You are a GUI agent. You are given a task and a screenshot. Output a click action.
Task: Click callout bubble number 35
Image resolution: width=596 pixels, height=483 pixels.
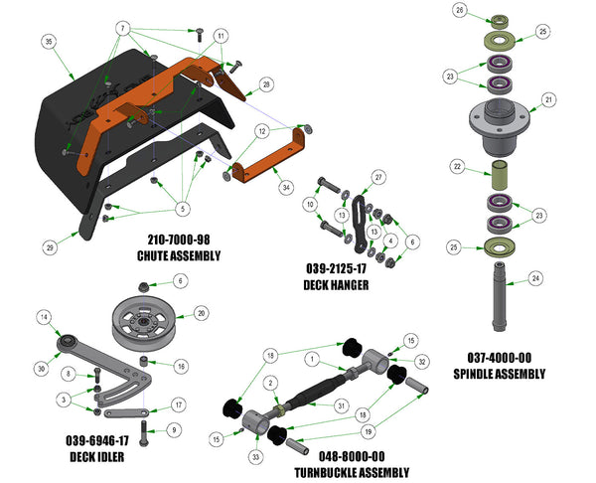48,42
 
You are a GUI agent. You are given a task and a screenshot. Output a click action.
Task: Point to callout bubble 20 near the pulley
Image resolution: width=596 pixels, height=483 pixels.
202,311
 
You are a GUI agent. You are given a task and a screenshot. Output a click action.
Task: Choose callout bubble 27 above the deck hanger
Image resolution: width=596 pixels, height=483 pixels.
378,177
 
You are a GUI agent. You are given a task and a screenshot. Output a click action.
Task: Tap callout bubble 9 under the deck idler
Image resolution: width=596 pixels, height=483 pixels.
175,430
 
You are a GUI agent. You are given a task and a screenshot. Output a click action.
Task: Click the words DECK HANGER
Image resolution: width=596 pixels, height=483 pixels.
336,284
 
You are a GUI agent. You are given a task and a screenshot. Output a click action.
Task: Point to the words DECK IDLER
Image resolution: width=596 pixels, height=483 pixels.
96,457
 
